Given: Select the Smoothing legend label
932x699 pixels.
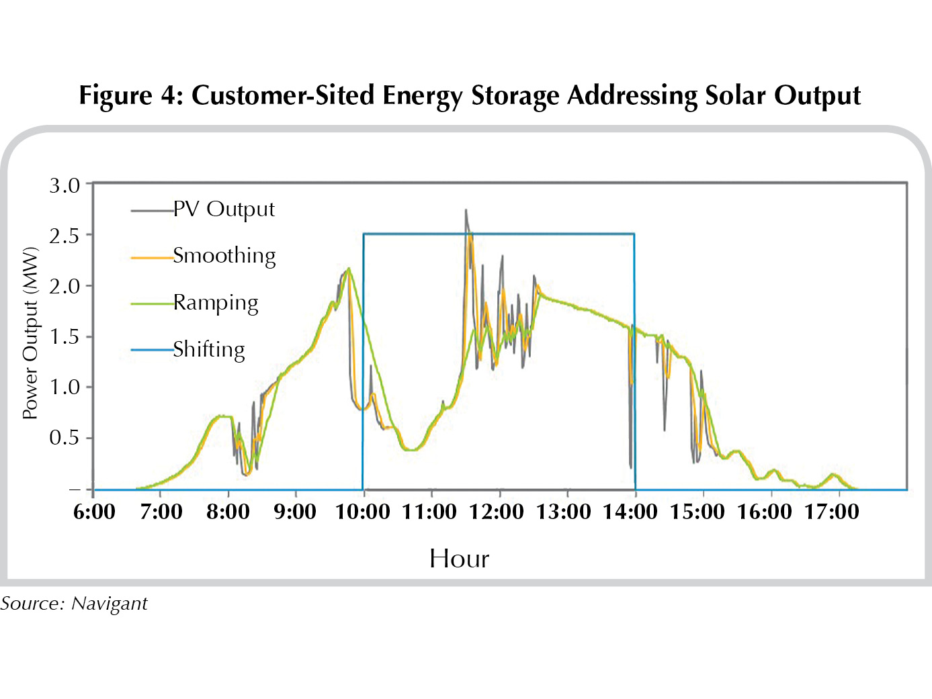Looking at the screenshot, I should coord(224,256).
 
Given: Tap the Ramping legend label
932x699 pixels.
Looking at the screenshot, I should coord(215,303).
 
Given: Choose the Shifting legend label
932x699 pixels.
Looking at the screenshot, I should coord(208,349).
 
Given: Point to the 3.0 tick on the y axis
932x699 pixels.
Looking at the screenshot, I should coord(65,185).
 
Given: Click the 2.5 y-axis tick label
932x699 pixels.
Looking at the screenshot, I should coord(65,236).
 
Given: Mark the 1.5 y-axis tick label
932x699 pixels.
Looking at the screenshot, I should coord(65,336).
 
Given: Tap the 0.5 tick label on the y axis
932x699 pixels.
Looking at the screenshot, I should coord(65,438).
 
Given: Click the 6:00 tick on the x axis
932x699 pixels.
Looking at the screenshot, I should coord(94,512).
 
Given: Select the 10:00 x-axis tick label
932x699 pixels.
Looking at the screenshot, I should coord(363,512).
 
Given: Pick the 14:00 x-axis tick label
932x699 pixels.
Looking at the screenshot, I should coord(630,512).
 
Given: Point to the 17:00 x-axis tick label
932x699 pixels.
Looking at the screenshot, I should coord(832,512).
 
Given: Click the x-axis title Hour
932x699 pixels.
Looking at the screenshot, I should coord(459,559).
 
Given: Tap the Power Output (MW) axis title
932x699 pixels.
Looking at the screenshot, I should coord(30,334).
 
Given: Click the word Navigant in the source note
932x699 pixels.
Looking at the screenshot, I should coord(110,604).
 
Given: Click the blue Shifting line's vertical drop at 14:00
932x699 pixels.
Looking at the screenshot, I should coord(635,363).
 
